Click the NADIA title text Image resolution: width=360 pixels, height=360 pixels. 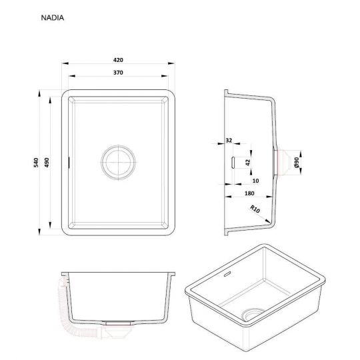(x=53, y=18)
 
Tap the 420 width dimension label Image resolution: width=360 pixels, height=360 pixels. (x=118, y=60)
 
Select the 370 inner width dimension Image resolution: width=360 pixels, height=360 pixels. (x=118, y=73)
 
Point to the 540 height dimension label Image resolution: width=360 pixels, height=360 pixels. (x=36, y=162)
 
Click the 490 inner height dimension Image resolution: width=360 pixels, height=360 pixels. (x=47, y=162)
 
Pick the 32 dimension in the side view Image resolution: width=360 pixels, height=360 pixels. (x=229, y=140)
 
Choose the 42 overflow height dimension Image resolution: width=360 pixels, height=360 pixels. (x=248, y=162)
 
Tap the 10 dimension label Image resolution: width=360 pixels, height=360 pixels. (x=255, y=181)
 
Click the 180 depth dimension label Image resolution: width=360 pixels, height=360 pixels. (x=249, y=193)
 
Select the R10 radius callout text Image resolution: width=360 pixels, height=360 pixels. (x=255, y=209)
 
